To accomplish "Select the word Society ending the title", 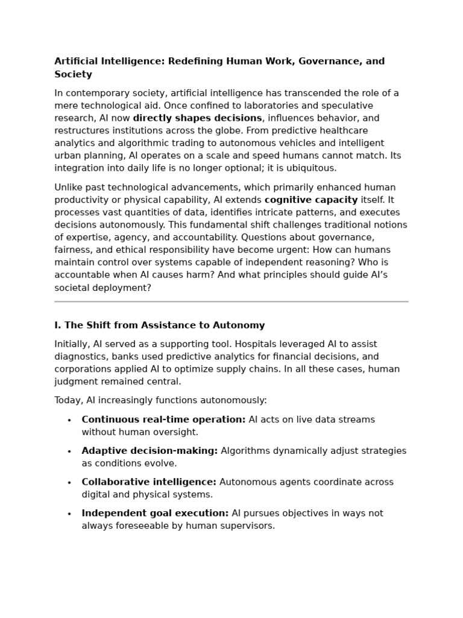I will coord(73,75).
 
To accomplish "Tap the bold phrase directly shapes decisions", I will coord(197,118).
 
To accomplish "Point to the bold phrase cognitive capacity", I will coord(310,200).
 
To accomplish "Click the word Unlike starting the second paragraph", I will coord(69,188).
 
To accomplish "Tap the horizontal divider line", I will coord(231,301).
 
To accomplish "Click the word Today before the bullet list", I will coord(68,400).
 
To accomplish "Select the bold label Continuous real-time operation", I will coord(163,419).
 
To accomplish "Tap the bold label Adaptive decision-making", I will coord(150,451).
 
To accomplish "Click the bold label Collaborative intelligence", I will coord(149,482).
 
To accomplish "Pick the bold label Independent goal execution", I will coord(155,514).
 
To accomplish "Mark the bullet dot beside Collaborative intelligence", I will coord(69,483).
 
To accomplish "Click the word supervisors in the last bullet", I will coord(249,526).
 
